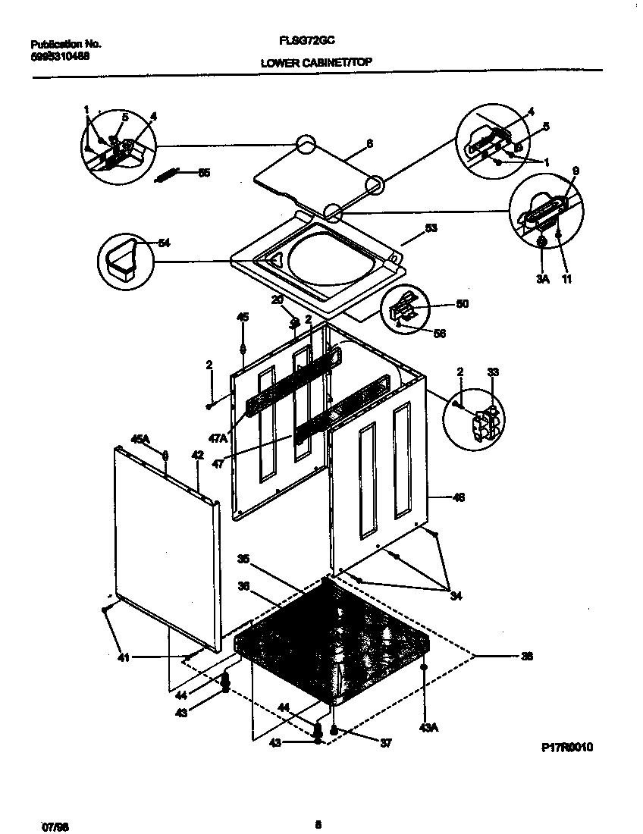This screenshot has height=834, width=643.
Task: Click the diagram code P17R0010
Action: click(566, 748)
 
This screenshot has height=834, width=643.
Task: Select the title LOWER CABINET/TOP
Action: click(316, 63)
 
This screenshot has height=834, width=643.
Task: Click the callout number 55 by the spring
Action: click(204, 173)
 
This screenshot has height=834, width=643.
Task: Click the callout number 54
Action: click(163, 243)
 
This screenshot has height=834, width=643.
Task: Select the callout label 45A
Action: click(141, 439)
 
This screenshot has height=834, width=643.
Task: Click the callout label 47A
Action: click(219, 438)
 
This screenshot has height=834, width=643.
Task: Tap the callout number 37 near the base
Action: click(385, 744)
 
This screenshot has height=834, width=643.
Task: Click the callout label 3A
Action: click(542, 279)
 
